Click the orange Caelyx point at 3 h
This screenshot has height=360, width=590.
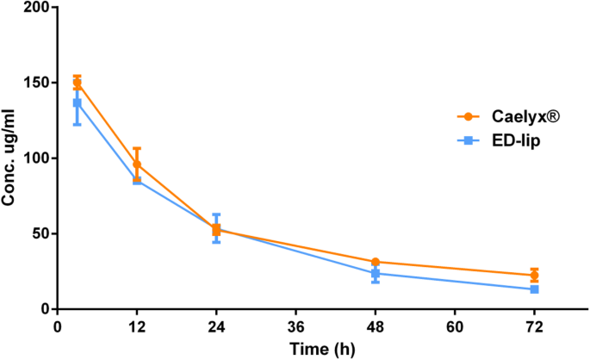[x=77, y=83]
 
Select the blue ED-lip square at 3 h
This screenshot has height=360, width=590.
[x=77, y=103]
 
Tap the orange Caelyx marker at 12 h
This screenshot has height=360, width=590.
[x=136, y=164]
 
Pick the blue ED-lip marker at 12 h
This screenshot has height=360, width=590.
[x=136, y=180]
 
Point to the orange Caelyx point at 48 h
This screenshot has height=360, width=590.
[x=376, y=262]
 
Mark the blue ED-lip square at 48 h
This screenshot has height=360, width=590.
[x=376, y=274]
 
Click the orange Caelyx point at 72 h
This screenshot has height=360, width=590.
[x=534, y=276]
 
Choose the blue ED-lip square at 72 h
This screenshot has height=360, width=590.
[x=534, y=289]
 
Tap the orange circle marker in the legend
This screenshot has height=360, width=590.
[x=467, y=116]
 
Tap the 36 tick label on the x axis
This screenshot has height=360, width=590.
[x=295, y=326]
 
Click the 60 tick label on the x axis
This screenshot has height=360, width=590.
[x=455, y=326]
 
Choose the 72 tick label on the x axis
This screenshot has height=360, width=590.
[x=534, y=326]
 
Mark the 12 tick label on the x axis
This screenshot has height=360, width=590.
[x=136, y=326]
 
